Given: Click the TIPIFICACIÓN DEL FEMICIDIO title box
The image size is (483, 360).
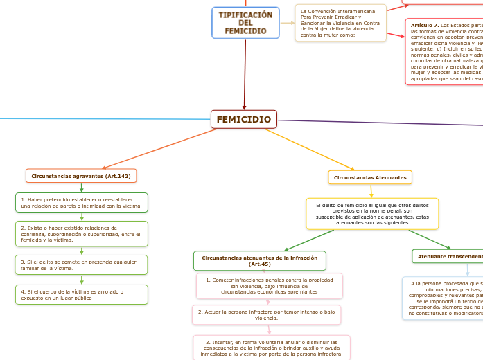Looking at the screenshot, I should pyautogui.click(x=245, y=23).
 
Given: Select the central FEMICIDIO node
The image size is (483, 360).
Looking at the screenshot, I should pyautogui.click(x=243, y=119).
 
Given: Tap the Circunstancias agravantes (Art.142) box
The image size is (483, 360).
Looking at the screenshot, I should pyautogui.click(x=81, y=176).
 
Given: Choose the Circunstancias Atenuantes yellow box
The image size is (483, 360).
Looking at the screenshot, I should pyautogui.click(x=370, y=177).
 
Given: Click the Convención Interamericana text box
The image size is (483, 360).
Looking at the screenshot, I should pyautogui.click(x=340, y=23).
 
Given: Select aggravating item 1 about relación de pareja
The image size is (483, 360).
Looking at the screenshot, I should pyautogui.click(x=82, y=202).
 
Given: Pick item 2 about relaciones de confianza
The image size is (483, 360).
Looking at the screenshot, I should pyautogui.click(x=82, y=234).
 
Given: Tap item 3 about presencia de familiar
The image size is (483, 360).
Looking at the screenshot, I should pyautogui.click(x=82, y=264).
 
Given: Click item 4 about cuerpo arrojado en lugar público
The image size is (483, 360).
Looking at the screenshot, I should pyautogui.click(x=82, y=294).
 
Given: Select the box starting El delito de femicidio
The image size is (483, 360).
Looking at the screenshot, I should pyautogui.click(x=372, y=214).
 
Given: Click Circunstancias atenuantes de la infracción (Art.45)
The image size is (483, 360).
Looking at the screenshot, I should pyautogui.click(x=259, y=260).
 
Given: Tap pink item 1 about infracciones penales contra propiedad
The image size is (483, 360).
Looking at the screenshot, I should pyautogui.click(x=269, y=285).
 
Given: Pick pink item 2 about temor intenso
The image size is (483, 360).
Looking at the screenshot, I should pyautogui.click(x=266, y=314).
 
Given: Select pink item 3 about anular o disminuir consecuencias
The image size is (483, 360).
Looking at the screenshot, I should pyautogui.click(x=272, y=348).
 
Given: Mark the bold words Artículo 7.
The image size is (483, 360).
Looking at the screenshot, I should pyautogui.click(x=425, y=25).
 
